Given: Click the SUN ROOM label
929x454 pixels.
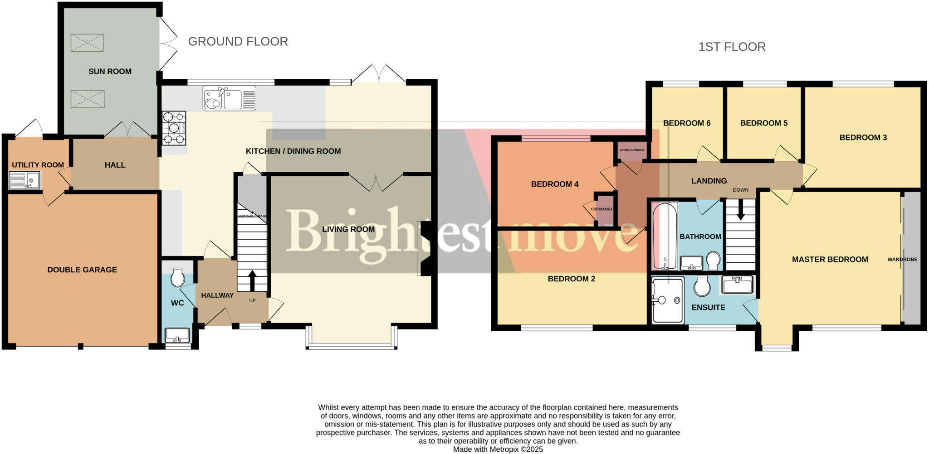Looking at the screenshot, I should (x=110, y=71).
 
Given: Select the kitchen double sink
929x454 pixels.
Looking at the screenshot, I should (x=230, y=98).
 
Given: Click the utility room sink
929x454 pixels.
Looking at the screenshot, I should (x=24, y=180).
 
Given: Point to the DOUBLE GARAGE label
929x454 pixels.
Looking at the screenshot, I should (x=82, y=270).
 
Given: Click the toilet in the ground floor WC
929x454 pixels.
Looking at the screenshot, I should (x=177, y=277).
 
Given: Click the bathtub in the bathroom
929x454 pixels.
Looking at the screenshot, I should (x=664, y=236).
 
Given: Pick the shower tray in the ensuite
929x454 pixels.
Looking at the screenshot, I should (x=667, y=301).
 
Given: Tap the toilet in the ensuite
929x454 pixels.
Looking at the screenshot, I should (x=702, y=286).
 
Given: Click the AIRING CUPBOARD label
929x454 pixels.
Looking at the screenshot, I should (x=632, y=150).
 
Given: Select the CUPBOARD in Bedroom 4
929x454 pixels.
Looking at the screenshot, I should (x=602, y=209).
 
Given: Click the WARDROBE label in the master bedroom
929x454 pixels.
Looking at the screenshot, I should (x=902, y=260).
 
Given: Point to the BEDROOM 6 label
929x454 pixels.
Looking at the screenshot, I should (x=686, y=123).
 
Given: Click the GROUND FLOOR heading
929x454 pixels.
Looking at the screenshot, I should (x=238, y=42).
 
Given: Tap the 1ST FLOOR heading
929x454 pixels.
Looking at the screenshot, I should (x=732, y=47).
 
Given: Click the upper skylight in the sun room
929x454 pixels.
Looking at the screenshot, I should (x=87, y=43).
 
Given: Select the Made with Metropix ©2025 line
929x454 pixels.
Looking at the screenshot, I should (x=498, y=449).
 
